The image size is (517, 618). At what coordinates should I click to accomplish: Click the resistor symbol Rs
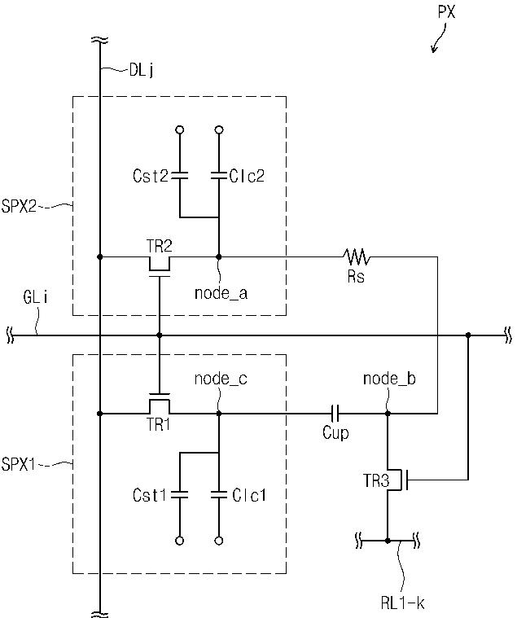[357, 256]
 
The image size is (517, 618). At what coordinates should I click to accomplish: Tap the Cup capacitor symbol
[335, 414]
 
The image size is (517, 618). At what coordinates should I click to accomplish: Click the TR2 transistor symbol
[160, 265]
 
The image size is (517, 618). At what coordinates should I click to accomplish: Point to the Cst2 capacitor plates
[180, 175]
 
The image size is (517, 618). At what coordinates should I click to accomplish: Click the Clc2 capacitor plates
[219, 175]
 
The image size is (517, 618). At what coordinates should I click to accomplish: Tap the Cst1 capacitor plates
[180, 494]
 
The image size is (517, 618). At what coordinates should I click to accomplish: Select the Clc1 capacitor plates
[219, 494]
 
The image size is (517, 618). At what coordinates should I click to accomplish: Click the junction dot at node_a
[219, 257]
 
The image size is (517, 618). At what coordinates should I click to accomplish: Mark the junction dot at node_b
[388, 414]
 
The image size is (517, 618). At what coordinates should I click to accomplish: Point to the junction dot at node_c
[219, 414]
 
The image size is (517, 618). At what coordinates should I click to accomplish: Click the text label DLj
[142, 71]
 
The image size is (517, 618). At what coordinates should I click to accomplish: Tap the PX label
[446, 12]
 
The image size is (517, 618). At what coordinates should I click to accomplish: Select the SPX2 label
[19, 206]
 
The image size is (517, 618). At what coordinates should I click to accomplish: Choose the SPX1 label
[19, 464]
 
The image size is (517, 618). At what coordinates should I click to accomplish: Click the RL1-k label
[403, 603]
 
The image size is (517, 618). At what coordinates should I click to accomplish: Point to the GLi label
[36, 297]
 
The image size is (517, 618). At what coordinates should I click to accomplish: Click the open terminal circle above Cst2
[180, 129]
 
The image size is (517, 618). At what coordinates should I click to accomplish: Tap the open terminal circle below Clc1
[219, 541]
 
